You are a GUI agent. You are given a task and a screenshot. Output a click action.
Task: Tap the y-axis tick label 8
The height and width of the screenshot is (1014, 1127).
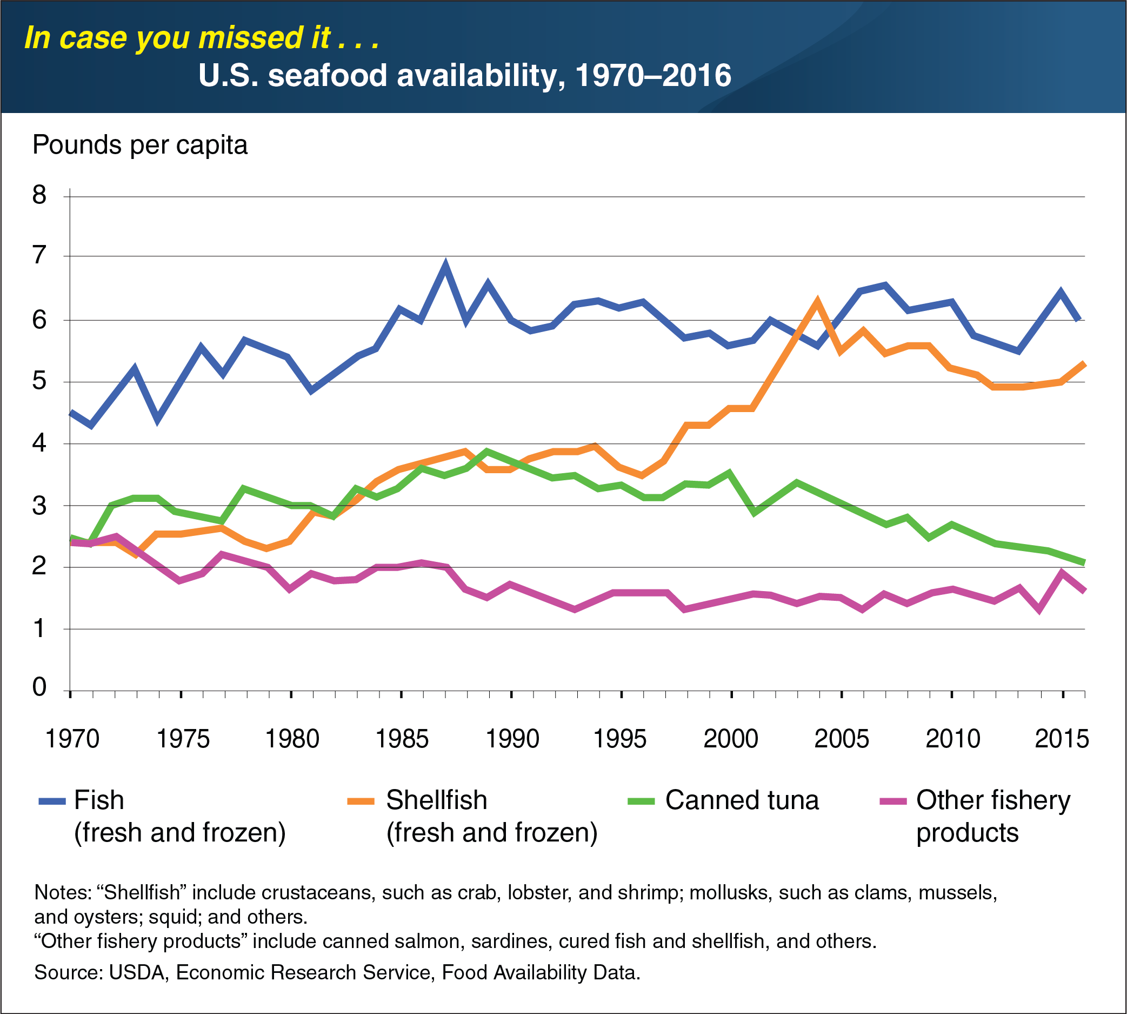[x=39, y=195]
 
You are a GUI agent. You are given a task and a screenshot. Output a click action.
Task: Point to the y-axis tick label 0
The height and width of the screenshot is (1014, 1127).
[x=39, y=687]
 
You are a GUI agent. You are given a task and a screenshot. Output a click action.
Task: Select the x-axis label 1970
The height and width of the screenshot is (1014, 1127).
[x=72, y=739]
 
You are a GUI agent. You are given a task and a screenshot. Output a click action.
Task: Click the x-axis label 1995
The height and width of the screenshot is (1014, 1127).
[x=621, y=739]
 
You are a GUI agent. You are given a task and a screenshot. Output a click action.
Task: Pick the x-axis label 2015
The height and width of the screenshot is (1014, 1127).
[x=1061, y=739]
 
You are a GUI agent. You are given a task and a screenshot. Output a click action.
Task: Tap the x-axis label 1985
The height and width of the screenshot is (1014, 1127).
[x=402, y=739]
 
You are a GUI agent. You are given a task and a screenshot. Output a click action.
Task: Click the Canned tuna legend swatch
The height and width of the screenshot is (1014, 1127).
[x=641, y=801]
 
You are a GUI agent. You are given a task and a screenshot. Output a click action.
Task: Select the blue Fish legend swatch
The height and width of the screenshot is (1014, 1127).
[x=52, y=801]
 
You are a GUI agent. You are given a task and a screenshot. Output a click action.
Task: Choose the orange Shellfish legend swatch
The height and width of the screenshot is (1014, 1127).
[x=362, y=801]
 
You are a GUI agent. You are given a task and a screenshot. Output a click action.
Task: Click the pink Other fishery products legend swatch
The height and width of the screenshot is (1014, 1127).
[x=893, y=801]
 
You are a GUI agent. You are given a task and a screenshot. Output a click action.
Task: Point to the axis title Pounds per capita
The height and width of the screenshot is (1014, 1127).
[x=140, y=145]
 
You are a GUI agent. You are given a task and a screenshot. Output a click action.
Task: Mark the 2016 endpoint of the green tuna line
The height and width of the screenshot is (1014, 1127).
[x=1084, y=564]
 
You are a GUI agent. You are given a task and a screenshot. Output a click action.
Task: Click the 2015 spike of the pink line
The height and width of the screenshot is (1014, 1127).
[x=1062, y=573]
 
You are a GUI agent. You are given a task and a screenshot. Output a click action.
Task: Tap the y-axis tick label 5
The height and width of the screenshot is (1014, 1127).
[x=39, y=381]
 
